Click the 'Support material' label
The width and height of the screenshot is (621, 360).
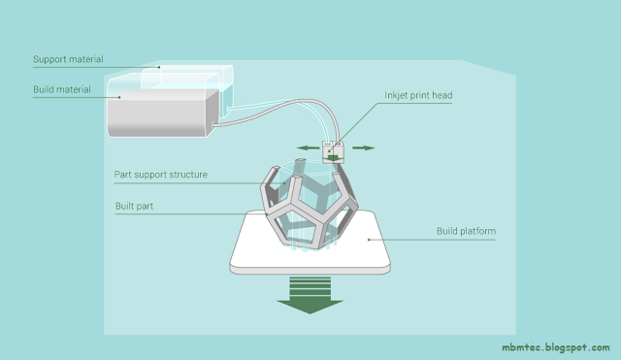pyautogui.click(x=68, y=59)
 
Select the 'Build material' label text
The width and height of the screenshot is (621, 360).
pyautogui.click(x=62, y=89)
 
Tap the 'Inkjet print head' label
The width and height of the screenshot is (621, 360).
pyautogui.click(x=418, y=95)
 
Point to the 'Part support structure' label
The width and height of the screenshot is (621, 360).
pyautogui.click(x=160, y=175)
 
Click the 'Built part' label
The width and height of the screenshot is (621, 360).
pyautogui.click(x=134, y=206)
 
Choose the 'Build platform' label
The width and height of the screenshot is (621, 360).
pyautogui.click(x=466, y=231)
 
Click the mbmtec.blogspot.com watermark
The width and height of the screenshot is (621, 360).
pyautogui.click(x=556, y=347)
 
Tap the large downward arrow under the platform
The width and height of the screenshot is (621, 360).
pyautogui.click(x=310, y=295)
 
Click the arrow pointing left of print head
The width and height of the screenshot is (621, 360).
pyautogui.click(x=309, y=148)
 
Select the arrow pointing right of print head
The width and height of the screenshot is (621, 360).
pyautogui.click(x=363, y=148)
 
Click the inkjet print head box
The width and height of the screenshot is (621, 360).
pyautogui.click(x=333, y=152)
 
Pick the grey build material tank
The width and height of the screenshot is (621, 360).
pyautogui.click(x=162, y=113)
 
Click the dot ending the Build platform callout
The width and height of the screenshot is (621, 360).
pyautogui.click(x=369, y=240)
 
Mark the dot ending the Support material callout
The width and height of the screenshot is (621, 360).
pyautogui.click(x=159, y=67)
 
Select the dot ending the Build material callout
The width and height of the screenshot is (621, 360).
pyautogui.click(x=119, y=97)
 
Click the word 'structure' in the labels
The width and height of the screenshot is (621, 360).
pyautogui.click(x=188, y=175)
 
